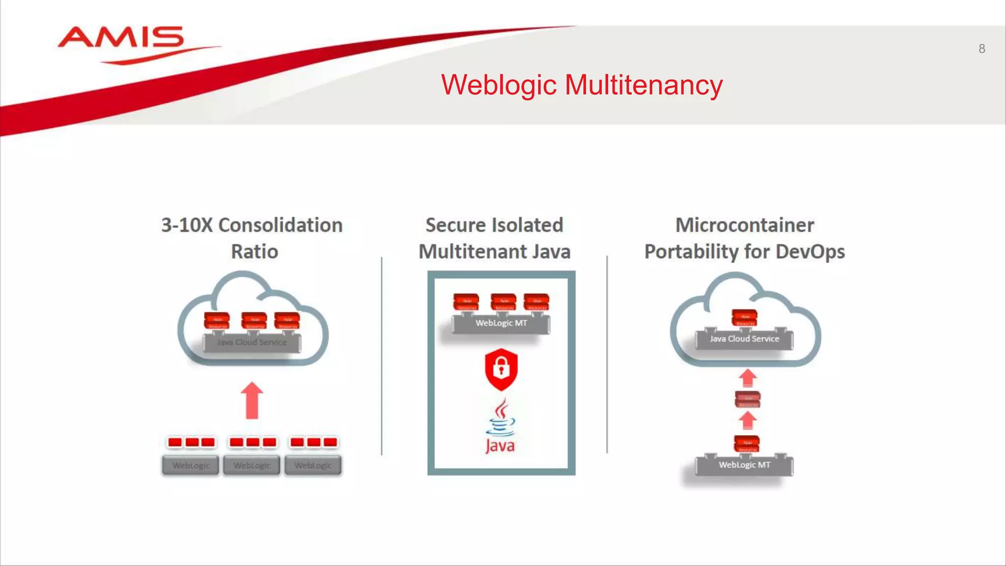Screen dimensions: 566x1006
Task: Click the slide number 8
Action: coord(981,49)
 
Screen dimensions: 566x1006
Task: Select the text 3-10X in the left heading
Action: coord(187,226)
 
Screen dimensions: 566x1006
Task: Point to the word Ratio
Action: coord(254,252)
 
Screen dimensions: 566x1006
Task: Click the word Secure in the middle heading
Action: coord(455,226)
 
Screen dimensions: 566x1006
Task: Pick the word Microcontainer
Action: coord(744,226)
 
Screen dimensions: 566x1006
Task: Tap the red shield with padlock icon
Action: coord(501,368)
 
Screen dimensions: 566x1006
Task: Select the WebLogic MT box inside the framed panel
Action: coord(501,323)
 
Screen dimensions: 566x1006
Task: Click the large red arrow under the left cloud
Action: coord(252,400)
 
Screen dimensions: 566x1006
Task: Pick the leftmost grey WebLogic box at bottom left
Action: coord(191,465)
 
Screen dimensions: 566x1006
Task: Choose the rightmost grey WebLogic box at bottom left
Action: coord(313,465)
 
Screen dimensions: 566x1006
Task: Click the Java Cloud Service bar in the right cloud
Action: coord(744,339)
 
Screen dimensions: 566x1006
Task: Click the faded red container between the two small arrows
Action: coord(748,399)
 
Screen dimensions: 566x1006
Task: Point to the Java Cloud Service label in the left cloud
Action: coord(252,342)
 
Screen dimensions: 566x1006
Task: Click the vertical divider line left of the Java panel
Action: coord(382,356)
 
